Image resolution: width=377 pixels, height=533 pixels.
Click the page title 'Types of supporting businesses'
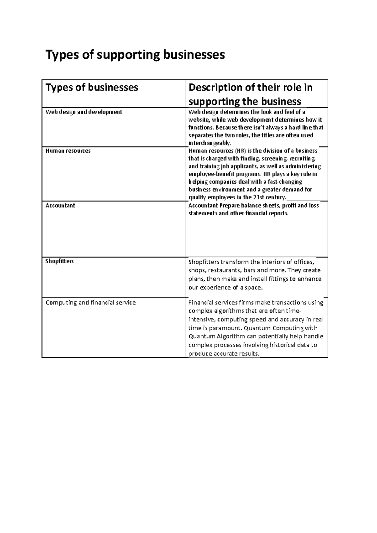pyautogui.click(x=135, y=55)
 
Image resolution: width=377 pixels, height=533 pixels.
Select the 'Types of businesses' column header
pyautogui.click(x=92, y=87)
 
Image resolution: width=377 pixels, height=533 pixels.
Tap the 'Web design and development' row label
pyautogui.click(x=84, y=112)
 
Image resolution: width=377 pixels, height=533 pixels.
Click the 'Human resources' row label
pyautogui.click(x=68, y=151)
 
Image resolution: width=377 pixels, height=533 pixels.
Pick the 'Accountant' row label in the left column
pyautogui.click(x=60, y=206)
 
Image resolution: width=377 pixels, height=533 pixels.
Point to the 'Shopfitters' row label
pyautogui.click(x=59, y=261)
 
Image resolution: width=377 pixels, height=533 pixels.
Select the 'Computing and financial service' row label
pyautogui.click(x=90, y=303)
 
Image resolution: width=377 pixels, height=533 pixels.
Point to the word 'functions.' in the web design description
pyautogui.click(x=201, y=128)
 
